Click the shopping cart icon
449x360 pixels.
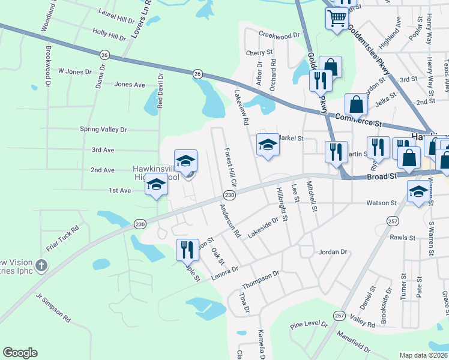(336, 19)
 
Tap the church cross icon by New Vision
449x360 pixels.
(41, 265)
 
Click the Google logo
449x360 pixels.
(20, 353)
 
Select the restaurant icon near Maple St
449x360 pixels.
(187, 249)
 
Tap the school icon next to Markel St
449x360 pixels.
(268, 144)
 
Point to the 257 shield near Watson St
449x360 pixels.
(393, 220)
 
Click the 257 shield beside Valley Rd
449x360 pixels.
(339, 315)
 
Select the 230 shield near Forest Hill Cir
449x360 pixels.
(229, 196)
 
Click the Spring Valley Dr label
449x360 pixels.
(104, 129)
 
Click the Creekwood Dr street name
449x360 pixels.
(279, 35)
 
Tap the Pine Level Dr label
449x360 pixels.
(309, 325)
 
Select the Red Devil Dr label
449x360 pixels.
(160, 94)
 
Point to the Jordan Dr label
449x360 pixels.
(333, 252)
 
